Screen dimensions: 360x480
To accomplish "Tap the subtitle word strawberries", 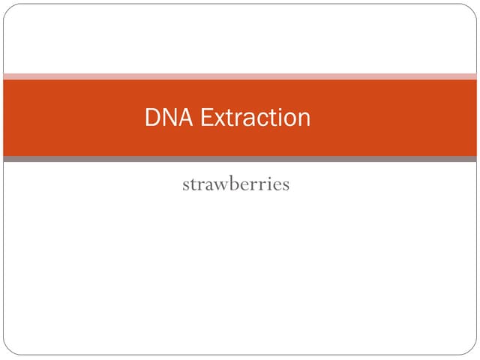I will [235, 184].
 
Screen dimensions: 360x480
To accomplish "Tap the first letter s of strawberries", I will [185, 185].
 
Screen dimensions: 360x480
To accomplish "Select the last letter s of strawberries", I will [285, 185].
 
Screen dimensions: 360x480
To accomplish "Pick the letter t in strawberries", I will [193, 184].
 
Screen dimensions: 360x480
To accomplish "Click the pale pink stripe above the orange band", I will [240, 76].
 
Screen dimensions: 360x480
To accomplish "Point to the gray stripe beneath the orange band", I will [240, 159].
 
